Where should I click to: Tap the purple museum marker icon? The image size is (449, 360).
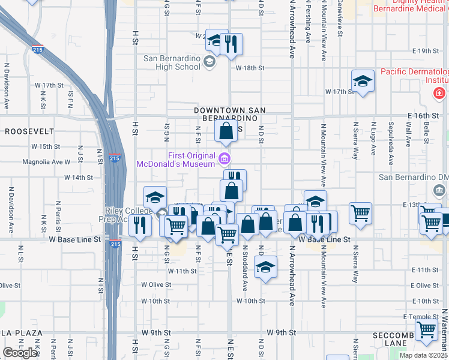coord(224,158)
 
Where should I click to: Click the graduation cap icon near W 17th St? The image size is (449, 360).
coord(363,80)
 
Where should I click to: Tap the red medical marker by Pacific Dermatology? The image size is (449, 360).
coord(439,94)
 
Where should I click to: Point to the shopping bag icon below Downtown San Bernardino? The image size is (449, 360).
coord(226,131)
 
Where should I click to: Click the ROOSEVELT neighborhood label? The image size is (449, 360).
coord(29,131)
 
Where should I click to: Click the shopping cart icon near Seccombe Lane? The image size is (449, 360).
coord(426,329)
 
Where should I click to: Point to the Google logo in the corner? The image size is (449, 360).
coord(20,353)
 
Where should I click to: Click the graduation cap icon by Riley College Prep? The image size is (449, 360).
coord(155,197)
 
